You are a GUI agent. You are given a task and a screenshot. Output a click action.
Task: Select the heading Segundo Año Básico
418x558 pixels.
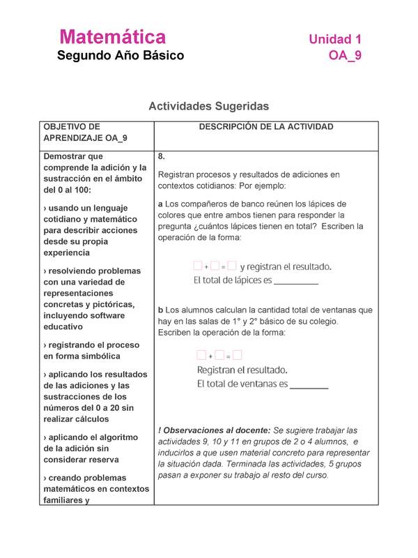click(x=121, y=55)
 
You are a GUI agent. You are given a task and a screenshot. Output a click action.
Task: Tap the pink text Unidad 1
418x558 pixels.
click(x=334, y=39)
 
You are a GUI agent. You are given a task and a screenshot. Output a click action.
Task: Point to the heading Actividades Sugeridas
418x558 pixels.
click(x=208, y=106)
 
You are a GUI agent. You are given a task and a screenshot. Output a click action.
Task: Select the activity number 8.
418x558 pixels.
click(x=162, y=156)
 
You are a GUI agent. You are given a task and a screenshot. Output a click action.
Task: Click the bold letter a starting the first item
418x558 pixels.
click(x=161, y=204)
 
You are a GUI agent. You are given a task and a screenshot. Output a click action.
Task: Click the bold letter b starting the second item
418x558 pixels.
click(x=161, y=310)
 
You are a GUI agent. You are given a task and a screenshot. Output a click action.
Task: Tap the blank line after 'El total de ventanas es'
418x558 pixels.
click(x=309, y=384)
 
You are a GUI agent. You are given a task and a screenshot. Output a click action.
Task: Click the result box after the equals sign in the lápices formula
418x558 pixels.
click(x=232, y=266)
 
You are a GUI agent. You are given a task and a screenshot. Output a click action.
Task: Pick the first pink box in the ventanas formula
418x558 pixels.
click(x=201, y=356)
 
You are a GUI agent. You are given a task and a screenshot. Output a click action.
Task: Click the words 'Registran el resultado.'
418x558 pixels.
click(x=242, y=370)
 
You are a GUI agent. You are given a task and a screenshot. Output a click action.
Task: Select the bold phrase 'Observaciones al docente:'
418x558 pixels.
click(x=216, y=430)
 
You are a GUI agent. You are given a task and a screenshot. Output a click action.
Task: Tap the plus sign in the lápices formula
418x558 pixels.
click(x=206, y=266)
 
